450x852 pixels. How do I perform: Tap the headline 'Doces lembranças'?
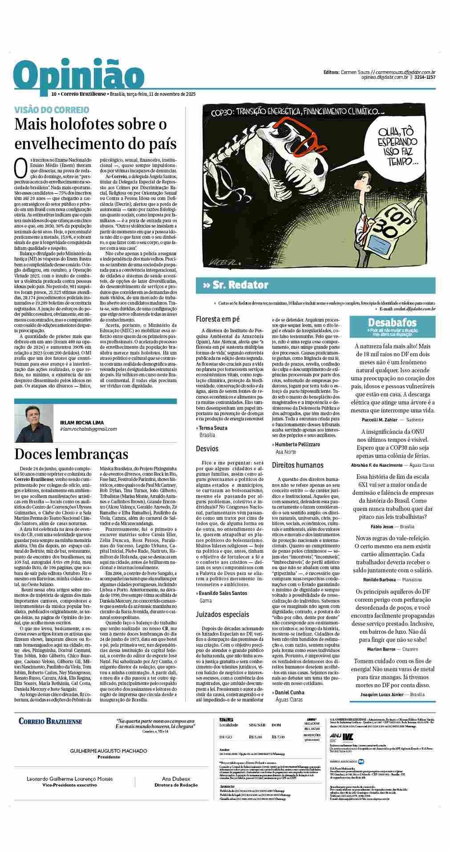[71, 454]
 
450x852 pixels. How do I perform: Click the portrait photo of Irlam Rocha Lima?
[34, 424]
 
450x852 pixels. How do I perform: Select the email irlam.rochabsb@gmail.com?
[89, 429]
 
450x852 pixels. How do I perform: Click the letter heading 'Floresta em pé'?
[218, 319]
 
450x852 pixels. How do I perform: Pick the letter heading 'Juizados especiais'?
[223, 614]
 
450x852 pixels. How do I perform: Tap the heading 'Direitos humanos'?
[298, 465]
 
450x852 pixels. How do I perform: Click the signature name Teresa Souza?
[213, 428]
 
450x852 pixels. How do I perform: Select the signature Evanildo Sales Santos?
[223, 593]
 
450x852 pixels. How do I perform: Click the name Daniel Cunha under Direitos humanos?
[290, 693]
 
